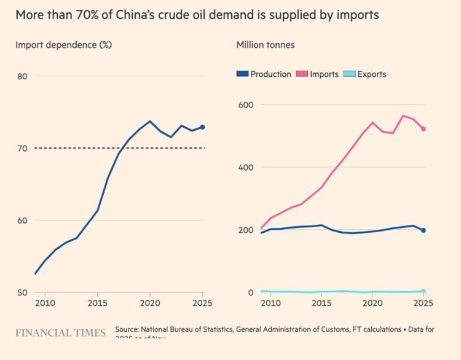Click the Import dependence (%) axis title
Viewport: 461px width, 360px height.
pyautogui.click(x=63, y=45)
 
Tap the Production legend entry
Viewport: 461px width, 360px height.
pyautogui.click(x=264, y=74)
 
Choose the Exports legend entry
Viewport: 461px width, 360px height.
pyautogui.click(x=367, y=74)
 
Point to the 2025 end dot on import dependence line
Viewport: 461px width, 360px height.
pyautogui.click(x=203, y=127)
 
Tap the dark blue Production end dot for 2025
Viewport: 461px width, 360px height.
pyautogui.click(x=424, y=230)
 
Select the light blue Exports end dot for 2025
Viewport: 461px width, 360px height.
pyautogui.click(x=424, y=291)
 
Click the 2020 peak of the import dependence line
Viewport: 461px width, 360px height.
pyautogui.click(x=150, y=121)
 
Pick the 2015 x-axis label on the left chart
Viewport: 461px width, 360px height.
pyautogui.click(x=97, y=303)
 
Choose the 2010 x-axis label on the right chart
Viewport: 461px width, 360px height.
pyautogui.click(x=270, y=303)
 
